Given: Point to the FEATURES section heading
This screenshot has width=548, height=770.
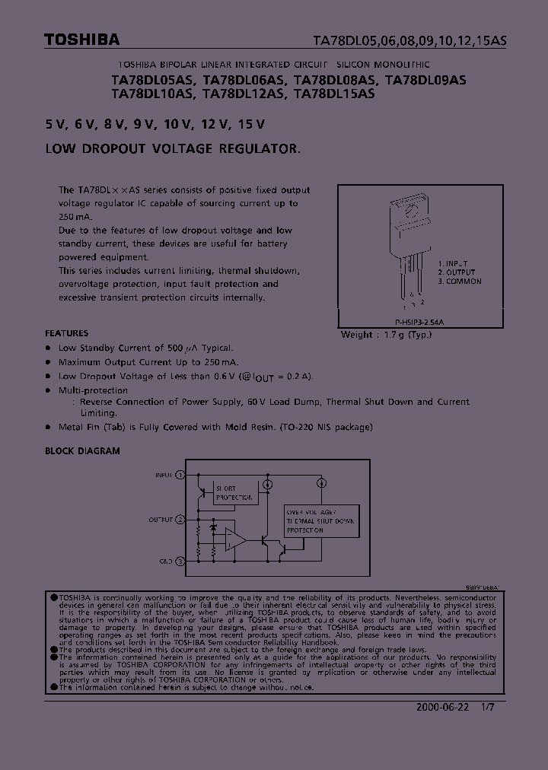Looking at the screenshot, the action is (66, 333).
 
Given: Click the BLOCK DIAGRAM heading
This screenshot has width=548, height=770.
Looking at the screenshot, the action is (82, 451).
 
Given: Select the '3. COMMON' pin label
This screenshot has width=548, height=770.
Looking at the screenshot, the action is (460, 282).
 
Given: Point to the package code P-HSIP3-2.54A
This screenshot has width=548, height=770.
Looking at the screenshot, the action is (419, 323).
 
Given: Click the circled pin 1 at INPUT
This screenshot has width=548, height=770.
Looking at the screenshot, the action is (180, 475).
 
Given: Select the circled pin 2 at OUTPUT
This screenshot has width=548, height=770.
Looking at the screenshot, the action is (180, 520).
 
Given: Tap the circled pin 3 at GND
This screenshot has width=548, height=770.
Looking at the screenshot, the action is (180, 562).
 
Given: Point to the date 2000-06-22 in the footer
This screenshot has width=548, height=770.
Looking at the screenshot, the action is (439, 707).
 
